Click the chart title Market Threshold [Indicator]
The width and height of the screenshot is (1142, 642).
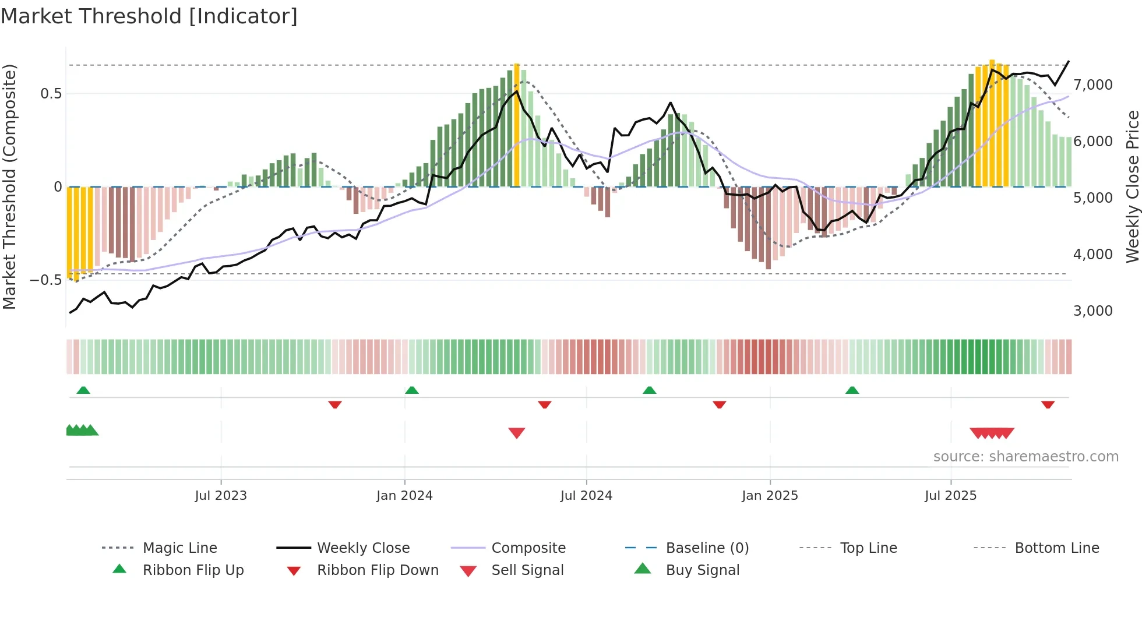[149, 16]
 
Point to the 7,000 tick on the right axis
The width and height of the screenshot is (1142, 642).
[1092, 85]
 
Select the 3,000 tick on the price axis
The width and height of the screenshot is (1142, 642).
[1092, 311]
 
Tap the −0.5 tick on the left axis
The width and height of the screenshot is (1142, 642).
[45, 280]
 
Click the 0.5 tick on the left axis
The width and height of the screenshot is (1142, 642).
[51, 94]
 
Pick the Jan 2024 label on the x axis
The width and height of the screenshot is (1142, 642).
[404, 496]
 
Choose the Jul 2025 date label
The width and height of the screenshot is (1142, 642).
[950, 496]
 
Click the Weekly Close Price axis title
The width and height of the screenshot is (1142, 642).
[1132, 186]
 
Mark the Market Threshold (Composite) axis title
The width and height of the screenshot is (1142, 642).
[9, 186]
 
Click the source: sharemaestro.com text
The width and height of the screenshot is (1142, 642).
[1025, 457]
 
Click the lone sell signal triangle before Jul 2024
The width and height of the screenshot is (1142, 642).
[517, 433]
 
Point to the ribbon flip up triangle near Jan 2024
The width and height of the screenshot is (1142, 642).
[412, 390]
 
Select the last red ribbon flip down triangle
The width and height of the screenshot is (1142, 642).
[1048, 404]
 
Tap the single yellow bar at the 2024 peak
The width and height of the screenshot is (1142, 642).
[517, 125]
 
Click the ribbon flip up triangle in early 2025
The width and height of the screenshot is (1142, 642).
[852, 390]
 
